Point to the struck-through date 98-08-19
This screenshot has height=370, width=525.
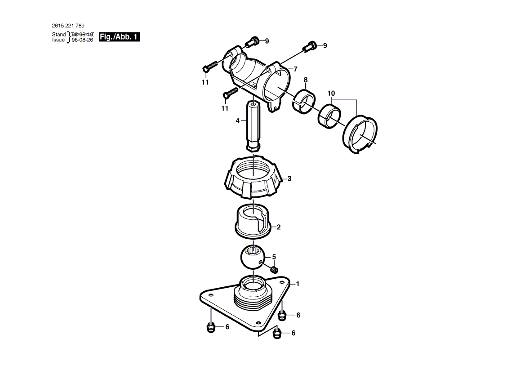coord(83,34)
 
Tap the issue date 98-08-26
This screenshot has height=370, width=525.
coord(83,40)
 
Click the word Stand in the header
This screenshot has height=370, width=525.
coord(59,34)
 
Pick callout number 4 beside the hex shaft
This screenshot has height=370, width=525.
coord(238,120)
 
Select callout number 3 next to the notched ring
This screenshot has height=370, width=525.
coord(289,178)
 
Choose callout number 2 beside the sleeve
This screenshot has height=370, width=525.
coord(279,227)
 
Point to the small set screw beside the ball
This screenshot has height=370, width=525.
coord(274,269)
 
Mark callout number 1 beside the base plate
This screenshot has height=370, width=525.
coord(298,284)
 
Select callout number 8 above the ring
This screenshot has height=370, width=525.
coord(305,80)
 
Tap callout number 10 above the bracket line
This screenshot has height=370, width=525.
coord(331,94)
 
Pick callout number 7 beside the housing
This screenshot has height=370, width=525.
coord(296,69)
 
